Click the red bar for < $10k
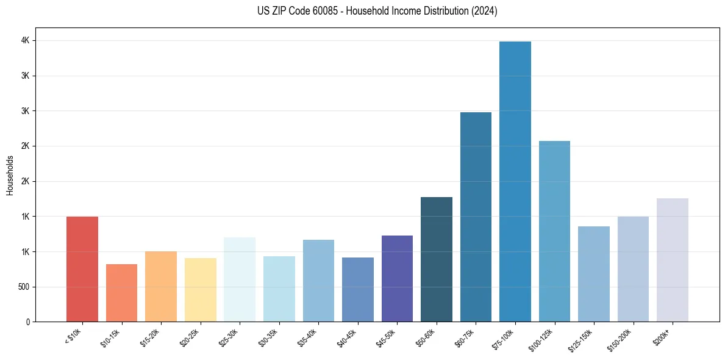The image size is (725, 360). click(x=82, y=269)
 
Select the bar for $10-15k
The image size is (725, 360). click(x=121, y=293)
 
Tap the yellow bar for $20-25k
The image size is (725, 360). click(x=200, y=290)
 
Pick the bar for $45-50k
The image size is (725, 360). click(x=397, y=278)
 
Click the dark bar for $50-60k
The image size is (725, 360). click(x=437, y=259)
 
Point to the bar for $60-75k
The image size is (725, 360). click(x=476, y=217)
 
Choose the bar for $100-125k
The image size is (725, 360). click(x=554, y=231)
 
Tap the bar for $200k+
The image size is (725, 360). click(x=673, y=260)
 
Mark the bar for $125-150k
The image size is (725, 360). click(x=594, y=274)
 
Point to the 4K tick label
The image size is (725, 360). click(x=26, y=40)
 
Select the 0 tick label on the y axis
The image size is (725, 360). click(x=28, y=322)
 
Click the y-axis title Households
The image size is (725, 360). click(x=10, y=175)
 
